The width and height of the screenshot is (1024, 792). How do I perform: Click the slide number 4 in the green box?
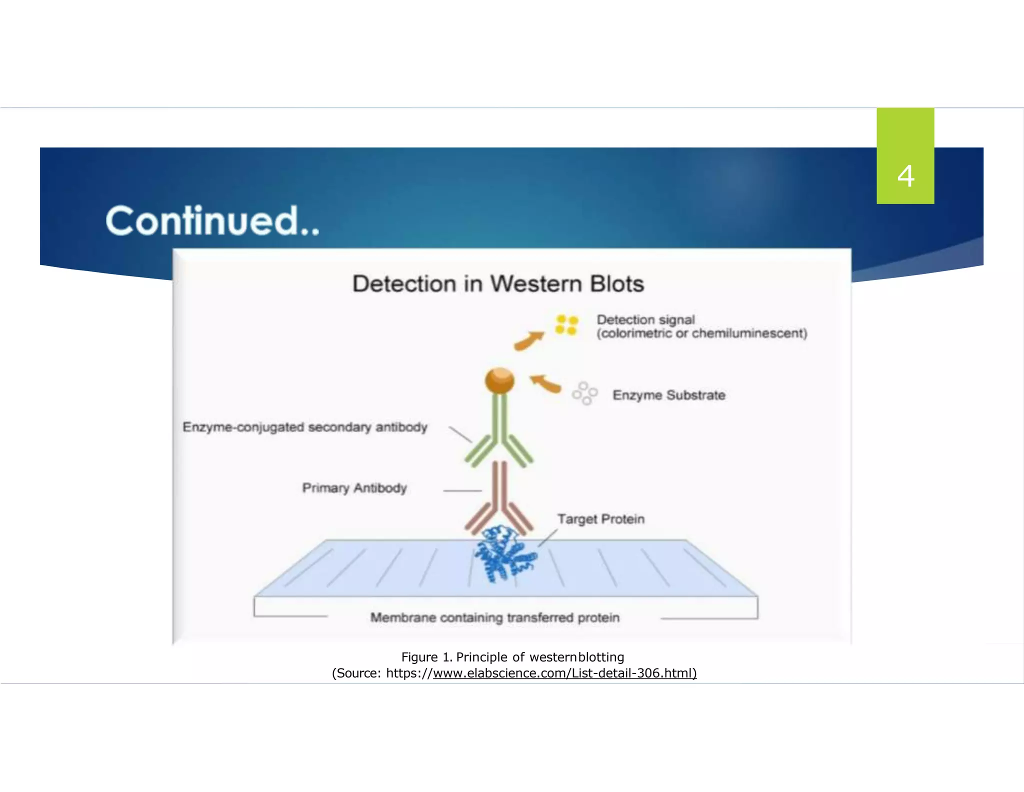pyautogui.click(x=905, y=176)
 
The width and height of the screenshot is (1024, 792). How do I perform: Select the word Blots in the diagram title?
pyautogui.click(x=616, y=283)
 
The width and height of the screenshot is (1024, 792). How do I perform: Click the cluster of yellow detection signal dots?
pyautogui.click(x=566, y=325)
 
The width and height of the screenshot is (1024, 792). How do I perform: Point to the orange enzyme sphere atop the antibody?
pyautogui.click(x=499, y=381)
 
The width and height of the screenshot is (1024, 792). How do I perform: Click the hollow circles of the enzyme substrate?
pyautogui.click(x=584, y=393)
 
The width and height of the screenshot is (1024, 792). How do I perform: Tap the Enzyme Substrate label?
pyautogui.click(x=668, y=395)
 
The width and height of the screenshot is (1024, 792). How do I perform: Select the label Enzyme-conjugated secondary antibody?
pyautogui.click(x=305, y=427)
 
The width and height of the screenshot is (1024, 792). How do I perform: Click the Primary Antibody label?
pyautogui.click(x=354, y=488)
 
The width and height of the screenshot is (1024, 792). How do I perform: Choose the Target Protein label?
pyautogui.click(x=600, y=519)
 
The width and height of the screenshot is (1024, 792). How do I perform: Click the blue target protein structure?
pyautogui.click(x=503, y=554)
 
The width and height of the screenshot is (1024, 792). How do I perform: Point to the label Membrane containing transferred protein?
pyautogui.click(x=494, y=618)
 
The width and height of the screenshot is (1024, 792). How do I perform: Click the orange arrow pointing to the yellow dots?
pyautogui.click(x=528, y=340)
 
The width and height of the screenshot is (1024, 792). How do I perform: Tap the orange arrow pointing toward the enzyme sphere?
pyautogui.click(x=545, y=383)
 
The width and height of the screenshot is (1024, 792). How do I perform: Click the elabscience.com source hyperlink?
pyautogui.click(x=564, y=673)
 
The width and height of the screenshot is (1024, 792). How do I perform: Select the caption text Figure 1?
pyautogui.click(x=426, y=657)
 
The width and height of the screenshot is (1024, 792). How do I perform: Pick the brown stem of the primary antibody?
pyautogui.click(x=499, y=485)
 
